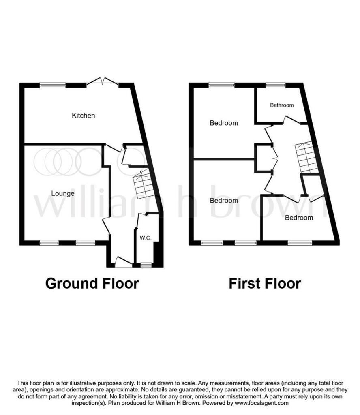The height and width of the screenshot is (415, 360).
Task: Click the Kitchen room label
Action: click(84, 116)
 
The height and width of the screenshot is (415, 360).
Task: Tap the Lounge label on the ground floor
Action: click(63, 193)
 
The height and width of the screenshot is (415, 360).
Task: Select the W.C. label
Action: click(146, 238)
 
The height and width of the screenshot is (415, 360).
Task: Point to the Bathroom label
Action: click(282, 105)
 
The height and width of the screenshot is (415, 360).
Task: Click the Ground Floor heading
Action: click(92, 283)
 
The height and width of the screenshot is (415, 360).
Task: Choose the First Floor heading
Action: click(265, 283)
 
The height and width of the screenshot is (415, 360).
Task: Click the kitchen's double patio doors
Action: click(103, 81)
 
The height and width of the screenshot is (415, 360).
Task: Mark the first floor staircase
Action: click(307, 158)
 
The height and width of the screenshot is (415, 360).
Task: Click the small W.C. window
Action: click(146, 265)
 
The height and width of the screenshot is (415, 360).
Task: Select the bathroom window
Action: click(276, 85)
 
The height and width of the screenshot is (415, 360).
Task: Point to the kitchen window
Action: click(53, 85)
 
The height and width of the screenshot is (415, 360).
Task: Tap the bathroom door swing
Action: click(292, 120)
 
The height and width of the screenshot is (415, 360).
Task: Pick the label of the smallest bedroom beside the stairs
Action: click(299, 218)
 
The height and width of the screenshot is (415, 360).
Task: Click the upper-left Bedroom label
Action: click(224, 123)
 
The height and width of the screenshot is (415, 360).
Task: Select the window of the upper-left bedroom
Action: click(222, 85)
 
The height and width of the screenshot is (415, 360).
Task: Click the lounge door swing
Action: click(106, 225)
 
